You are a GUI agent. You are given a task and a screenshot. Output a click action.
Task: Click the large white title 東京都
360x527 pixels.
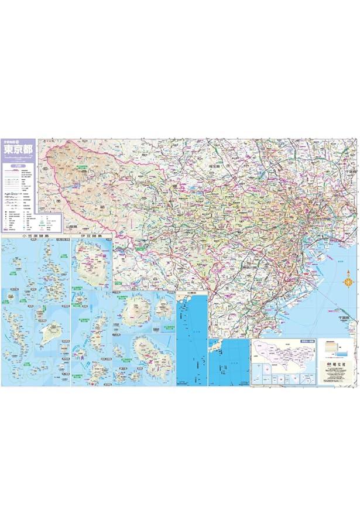19,150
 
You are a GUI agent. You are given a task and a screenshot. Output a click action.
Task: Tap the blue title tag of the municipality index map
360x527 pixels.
307,340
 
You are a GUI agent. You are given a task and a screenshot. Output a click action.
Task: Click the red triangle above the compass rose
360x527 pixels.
348,272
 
